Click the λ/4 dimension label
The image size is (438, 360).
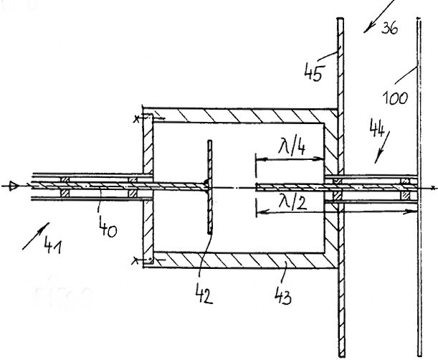[x=292, y=149]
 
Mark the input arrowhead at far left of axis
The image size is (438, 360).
[x=8, y=187]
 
